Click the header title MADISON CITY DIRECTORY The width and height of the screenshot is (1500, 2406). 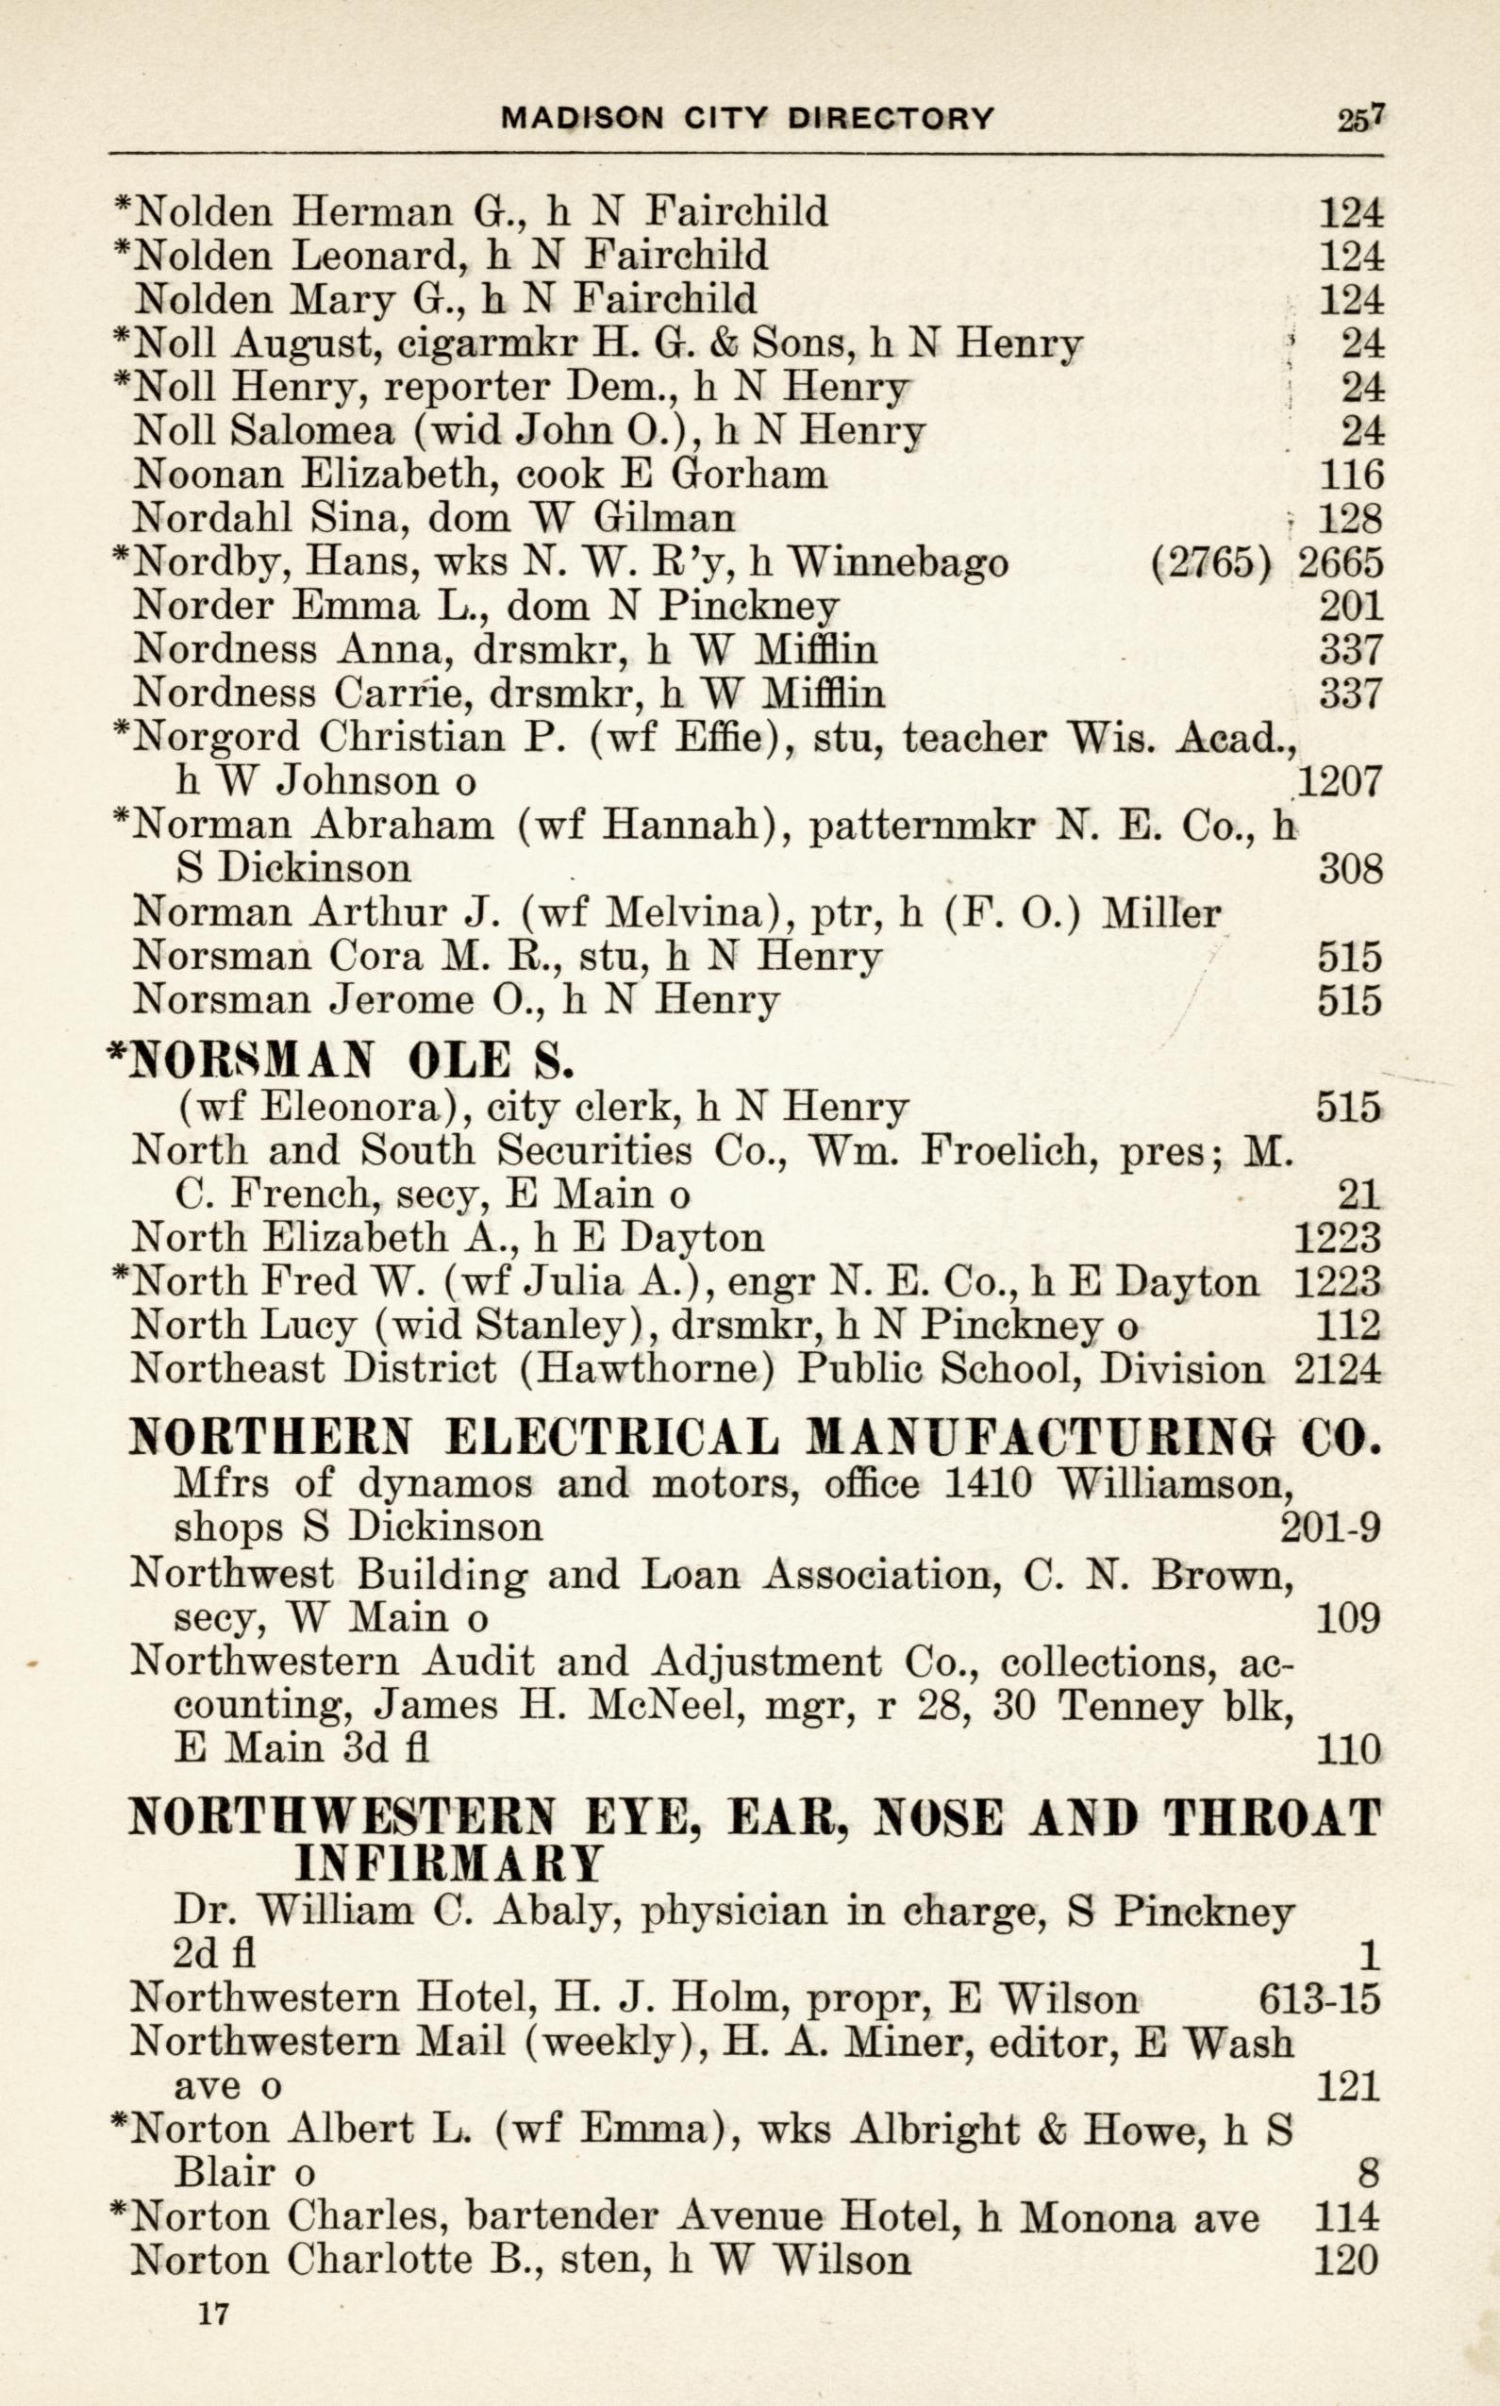[747, 119]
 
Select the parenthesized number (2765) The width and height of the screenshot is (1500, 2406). [1212, 562]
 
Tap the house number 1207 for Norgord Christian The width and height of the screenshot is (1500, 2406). [1340, 783]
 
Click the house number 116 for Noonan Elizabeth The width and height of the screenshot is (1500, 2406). [1350, 475]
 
